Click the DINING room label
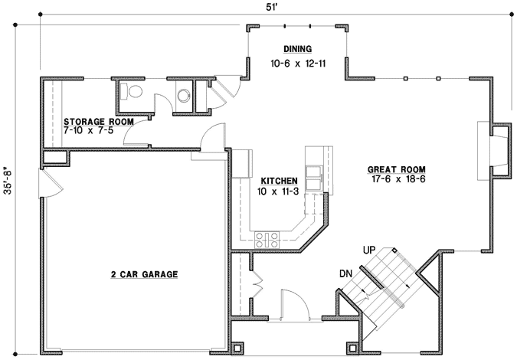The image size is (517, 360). point(298,49)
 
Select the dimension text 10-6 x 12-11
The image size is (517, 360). point(298,63)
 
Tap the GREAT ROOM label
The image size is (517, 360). point(396,169)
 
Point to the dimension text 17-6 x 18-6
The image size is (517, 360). point(396,180)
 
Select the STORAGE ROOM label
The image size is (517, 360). point(99,122)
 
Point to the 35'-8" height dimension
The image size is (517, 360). point(8,188)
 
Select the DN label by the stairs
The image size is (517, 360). point(345,273)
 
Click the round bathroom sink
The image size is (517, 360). point(184,96)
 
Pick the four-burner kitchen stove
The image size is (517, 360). point(266,239)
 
